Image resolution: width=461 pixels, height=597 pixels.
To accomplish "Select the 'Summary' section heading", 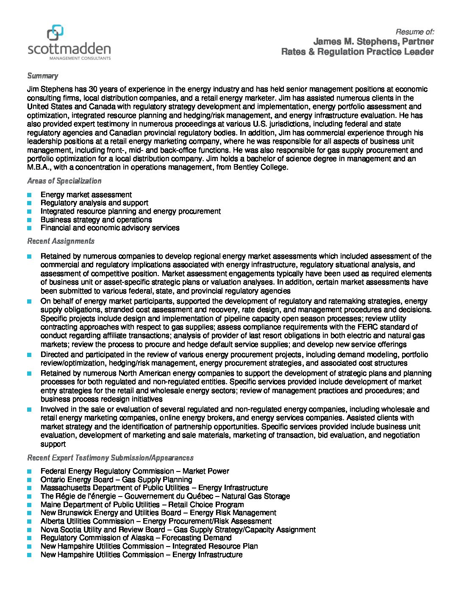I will pyautogui.click(x=42, y=76).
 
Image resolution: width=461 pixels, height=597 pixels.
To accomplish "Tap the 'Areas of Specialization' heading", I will pyautogui.click(x=64, y=181).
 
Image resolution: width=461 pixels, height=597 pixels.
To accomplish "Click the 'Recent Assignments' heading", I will pyautogui.click(x=61, y=241).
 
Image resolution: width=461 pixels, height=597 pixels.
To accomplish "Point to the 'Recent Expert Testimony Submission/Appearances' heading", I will pyautogui.click(x=110, y=458).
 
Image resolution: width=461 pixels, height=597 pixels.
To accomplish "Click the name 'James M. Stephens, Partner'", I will pyautogui.click(x=373, y=42).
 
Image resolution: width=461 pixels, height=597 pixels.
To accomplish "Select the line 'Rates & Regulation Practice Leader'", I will pyautogui.click(x=357, y=52).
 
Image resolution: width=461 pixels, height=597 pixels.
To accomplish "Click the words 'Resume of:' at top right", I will pyautogui.click(x=414, y=32).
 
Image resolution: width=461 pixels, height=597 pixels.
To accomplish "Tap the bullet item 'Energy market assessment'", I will pyautogui.click(x=86, y=195).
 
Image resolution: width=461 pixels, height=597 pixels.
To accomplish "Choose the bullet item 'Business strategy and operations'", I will pyautogui.click(x=96, y=220).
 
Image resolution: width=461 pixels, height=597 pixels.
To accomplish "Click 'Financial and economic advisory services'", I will pyautogui.click(x=110, y=228).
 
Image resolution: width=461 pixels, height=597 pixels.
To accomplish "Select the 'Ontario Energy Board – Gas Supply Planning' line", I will pyautogui.click(x=116, y=480).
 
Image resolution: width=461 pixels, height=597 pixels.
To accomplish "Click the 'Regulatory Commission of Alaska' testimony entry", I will pyautogui.click(x=136, y=538).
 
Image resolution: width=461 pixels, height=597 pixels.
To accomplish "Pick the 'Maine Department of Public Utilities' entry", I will pyautogui.click(x=142, y=505).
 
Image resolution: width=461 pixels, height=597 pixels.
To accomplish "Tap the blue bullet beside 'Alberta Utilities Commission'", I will pyautogui.click(x=29, y=521).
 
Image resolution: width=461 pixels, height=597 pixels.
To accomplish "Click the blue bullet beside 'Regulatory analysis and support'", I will pyautogui.click(x=29, y=203).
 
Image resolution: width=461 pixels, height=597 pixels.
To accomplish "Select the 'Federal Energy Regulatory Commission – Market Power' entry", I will pyautogui.click(x=135, y=471).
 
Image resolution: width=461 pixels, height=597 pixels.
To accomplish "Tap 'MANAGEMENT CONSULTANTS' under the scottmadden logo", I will pyautogui.click(x=80, y=58).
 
